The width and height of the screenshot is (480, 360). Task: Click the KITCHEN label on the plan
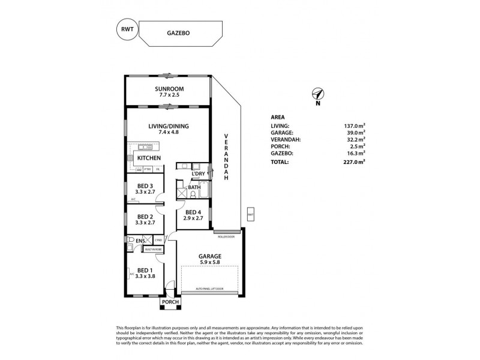click(x=149, y=158)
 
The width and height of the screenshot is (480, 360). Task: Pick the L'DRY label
click(x=199, y=174)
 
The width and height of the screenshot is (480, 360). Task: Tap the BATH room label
click(x=194, y=188)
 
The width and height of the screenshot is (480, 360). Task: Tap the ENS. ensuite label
click(x=141, y=242)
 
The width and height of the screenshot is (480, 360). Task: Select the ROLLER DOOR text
click(x=227, y=236)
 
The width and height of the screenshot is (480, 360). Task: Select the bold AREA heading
click(x=278, y=118)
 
